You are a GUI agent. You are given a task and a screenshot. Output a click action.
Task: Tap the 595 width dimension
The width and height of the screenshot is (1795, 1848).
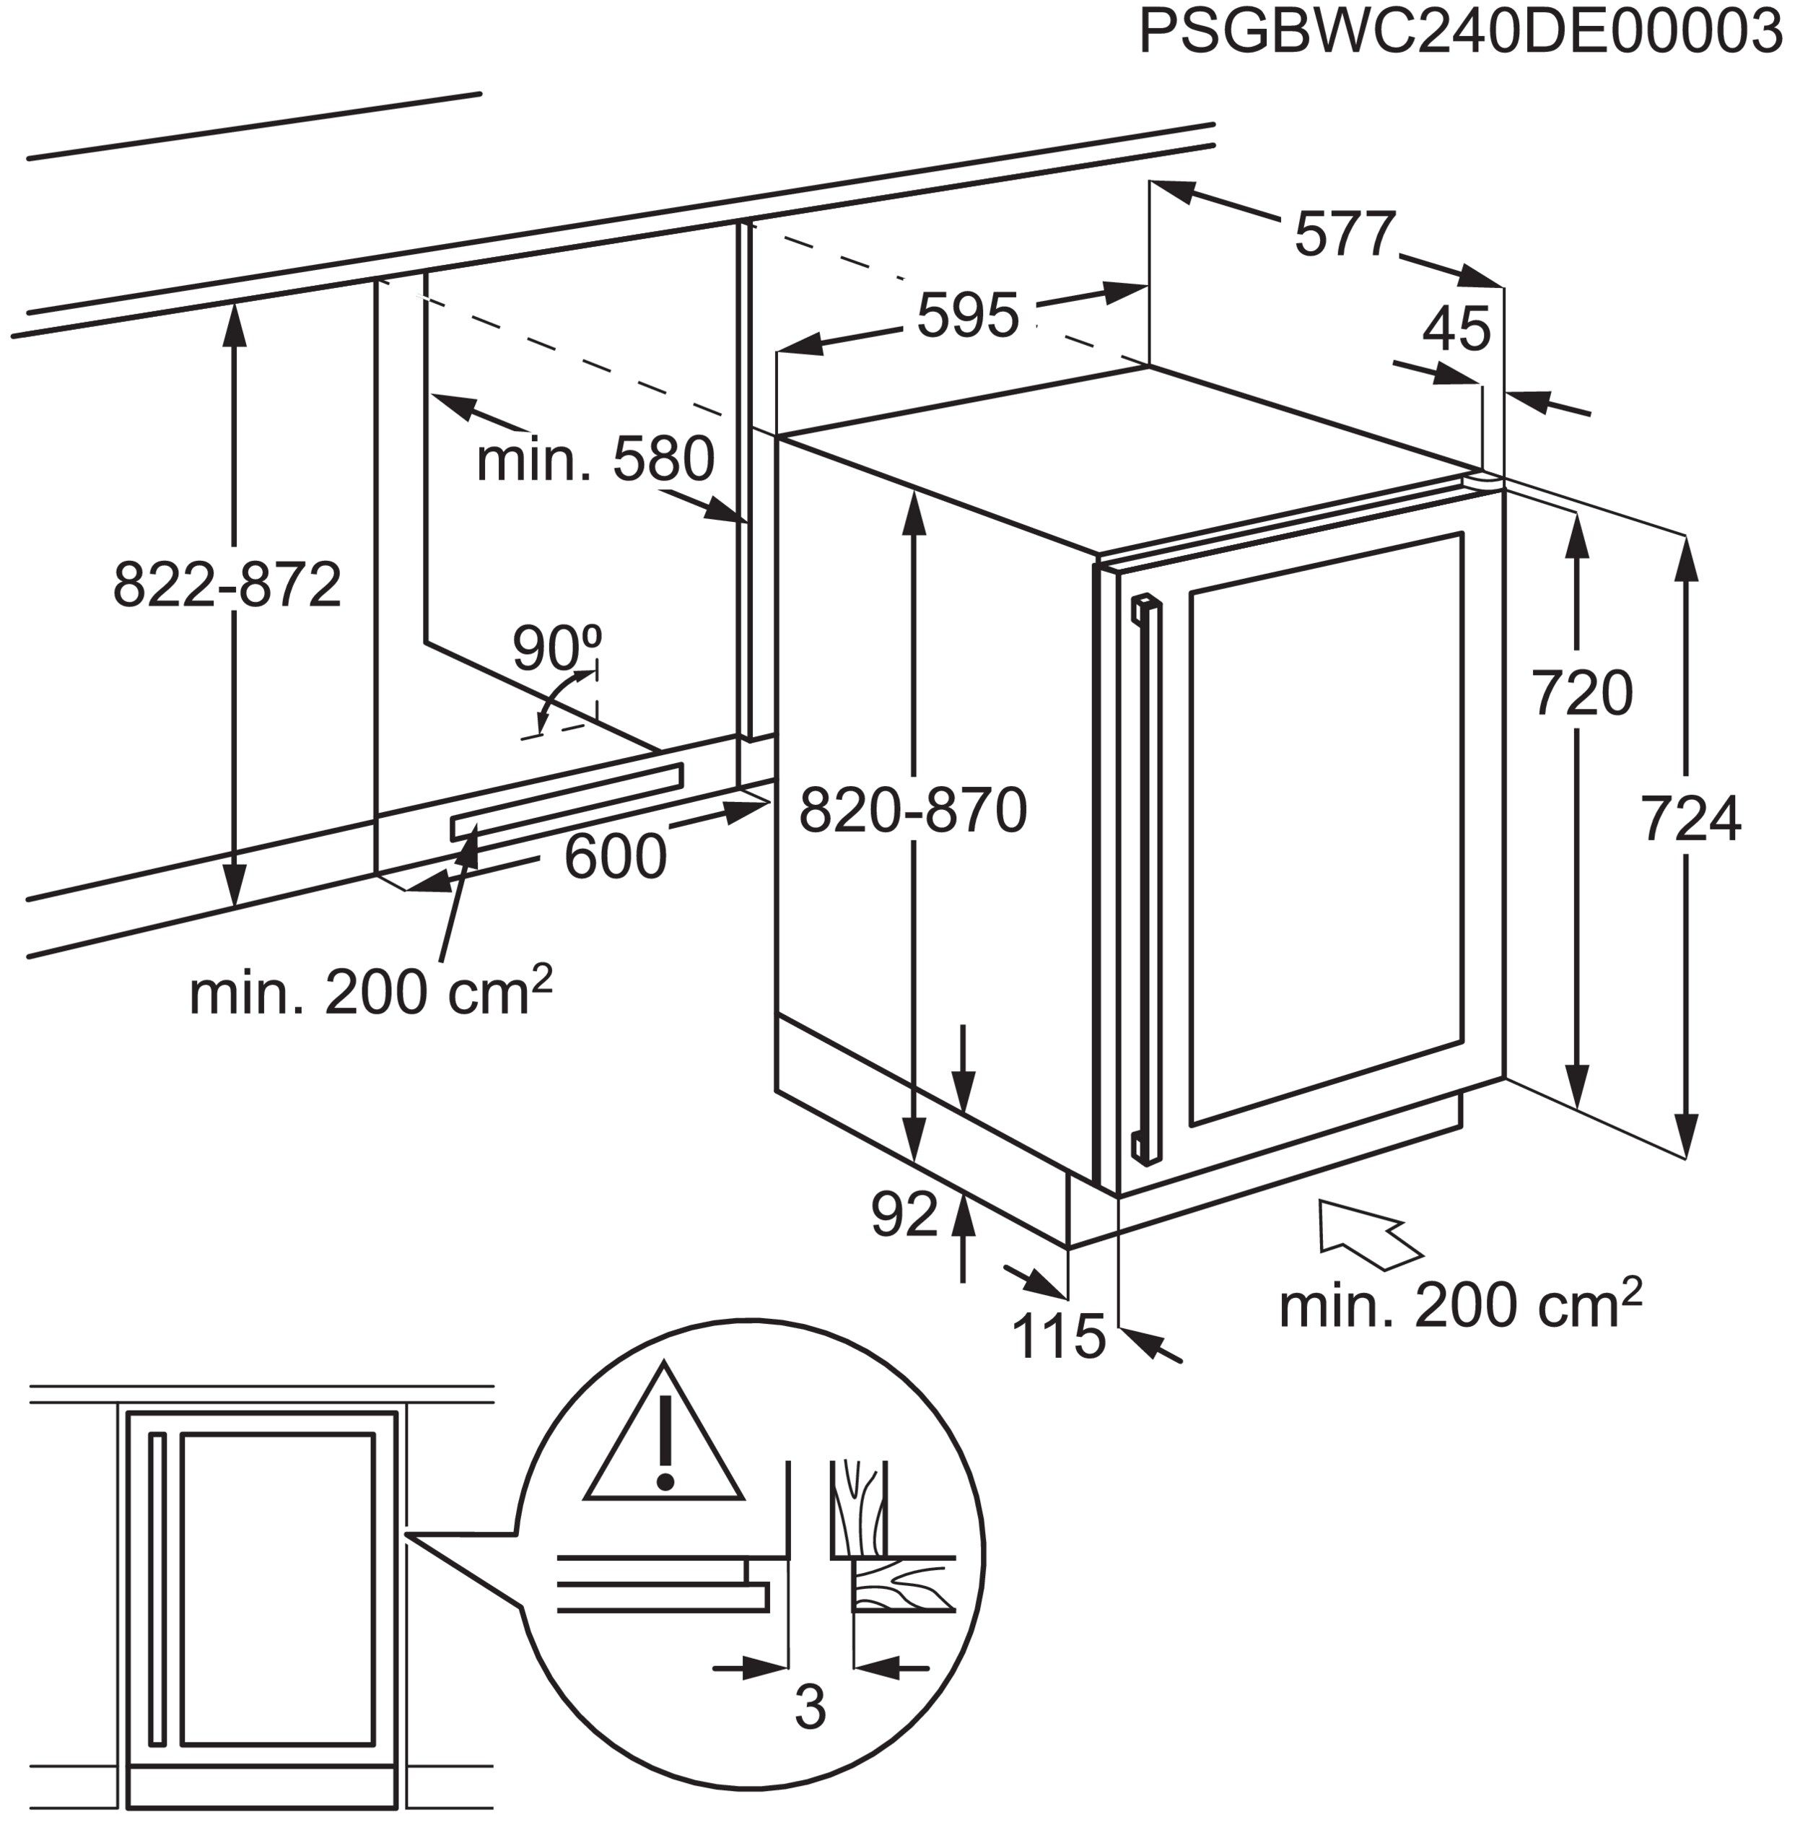pyautogui.click(x=968, y=316)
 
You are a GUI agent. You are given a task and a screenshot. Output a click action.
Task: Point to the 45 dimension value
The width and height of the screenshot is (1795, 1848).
pyautogui.click(x=1456, y=329)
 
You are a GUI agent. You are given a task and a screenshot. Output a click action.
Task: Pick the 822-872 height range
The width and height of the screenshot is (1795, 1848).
pyautogui.click(x=226, y=585)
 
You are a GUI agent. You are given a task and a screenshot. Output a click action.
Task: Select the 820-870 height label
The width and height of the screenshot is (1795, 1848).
pyautogui.click(x=912, y=811)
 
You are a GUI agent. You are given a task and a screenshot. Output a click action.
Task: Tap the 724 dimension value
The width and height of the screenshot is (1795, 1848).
pyautogui.click(x=1690, y=819)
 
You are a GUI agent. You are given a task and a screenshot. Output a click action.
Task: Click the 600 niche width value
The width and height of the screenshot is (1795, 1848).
pyautogui.click(x=615, y=857)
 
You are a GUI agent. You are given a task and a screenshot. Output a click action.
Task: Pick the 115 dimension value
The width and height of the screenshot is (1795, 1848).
pyautogui.click(x=1058, y=1336)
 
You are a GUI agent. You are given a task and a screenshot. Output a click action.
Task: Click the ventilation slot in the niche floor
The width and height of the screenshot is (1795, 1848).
pyautogui.click(x=566, y=801)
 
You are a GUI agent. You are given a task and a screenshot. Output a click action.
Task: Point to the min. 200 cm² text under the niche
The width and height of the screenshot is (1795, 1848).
pyautogui.click(x=370, y=993)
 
